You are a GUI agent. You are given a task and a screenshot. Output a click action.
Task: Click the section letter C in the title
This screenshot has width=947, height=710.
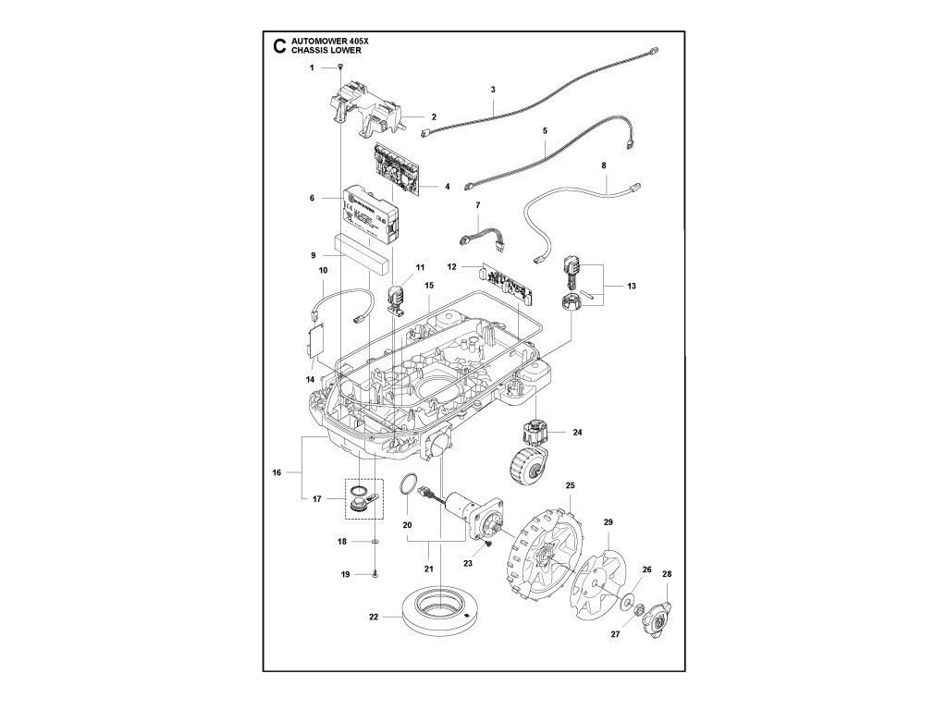pos(278,46)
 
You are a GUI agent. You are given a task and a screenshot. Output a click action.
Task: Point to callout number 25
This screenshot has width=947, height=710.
pos(571,485)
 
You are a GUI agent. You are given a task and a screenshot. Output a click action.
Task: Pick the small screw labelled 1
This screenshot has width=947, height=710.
pos(341,68)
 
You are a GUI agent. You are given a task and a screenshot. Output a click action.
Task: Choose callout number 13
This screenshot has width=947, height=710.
pos(631,287)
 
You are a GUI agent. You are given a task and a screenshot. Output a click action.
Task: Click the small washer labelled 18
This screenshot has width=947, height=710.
pos(375,541)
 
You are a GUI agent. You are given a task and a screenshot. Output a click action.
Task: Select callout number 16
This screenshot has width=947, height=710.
pos(276,472)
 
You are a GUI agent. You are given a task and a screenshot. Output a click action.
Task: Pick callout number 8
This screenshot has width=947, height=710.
pos(604,165)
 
